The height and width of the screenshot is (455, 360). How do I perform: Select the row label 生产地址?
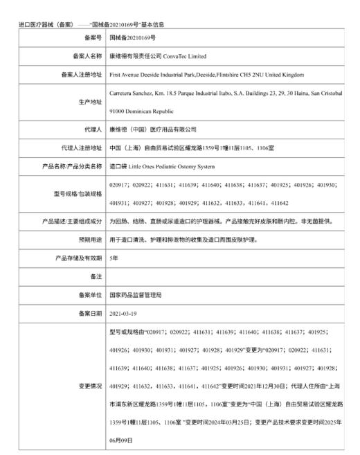point(88,101)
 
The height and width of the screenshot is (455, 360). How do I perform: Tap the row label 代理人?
point(91,129)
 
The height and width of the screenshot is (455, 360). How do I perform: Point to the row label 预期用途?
point(88,239)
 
